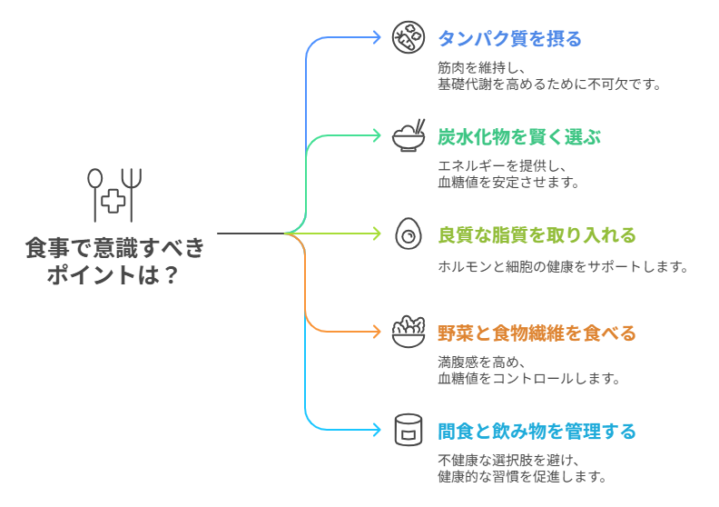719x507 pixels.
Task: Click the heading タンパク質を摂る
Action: point(509,38)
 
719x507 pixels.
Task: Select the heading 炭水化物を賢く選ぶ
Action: point(519,136)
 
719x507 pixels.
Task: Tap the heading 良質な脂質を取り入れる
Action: point(537,235)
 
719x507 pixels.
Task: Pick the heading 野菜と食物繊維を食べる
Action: point(537,333)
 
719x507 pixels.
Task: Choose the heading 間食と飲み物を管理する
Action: point(537,431)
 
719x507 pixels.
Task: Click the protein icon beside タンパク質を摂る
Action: point(409,38)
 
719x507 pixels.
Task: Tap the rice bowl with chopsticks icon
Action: point(409,136)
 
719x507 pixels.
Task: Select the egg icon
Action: point(409,234)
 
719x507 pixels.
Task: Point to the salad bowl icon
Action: point(409,332)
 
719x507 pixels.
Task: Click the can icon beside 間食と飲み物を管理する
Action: point(409,430)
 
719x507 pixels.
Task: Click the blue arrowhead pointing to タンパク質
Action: point(377,38)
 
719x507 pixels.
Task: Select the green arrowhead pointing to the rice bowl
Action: point(377,136)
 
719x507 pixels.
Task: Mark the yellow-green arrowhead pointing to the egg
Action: point(377,234)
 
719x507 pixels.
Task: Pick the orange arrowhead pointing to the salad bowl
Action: point(377,332)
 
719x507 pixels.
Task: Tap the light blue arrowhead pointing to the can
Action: point(377,430)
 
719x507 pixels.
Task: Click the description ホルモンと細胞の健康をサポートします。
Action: point(563,267)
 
